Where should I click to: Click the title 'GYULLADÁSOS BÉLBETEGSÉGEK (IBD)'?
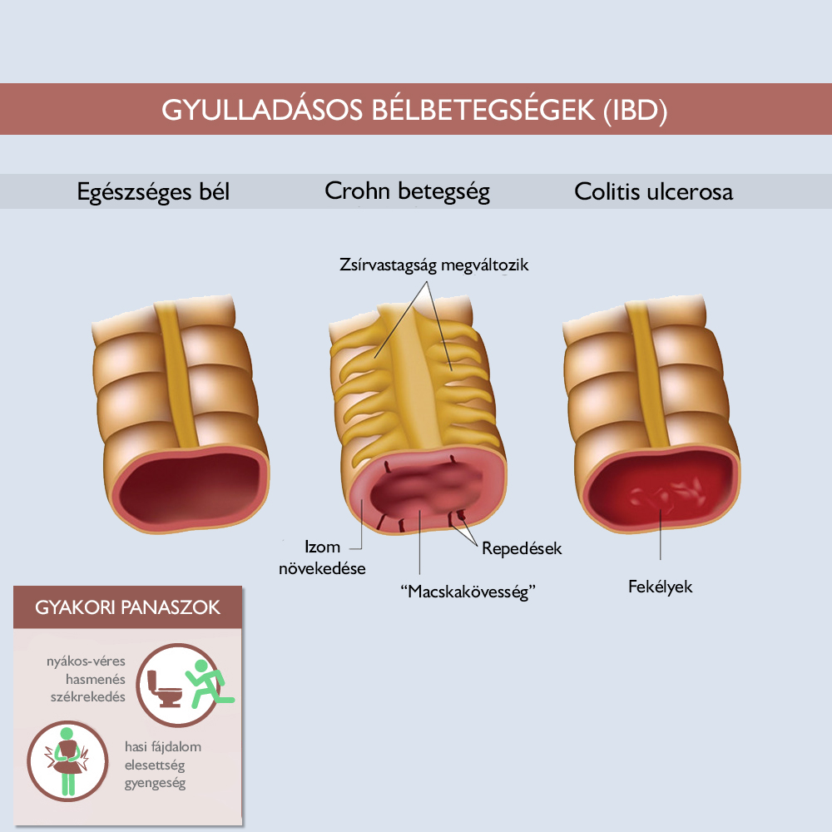point(414,111)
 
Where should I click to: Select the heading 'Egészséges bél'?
point(153,192)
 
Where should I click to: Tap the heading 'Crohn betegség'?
point(407,191)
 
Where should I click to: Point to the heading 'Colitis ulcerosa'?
point(653,191)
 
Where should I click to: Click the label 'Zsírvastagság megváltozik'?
point(434,265)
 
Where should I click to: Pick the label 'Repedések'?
point(522,548)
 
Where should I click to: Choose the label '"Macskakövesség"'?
point(468,591)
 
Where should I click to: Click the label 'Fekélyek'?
point(660,587)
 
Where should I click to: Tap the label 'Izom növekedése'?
point(323,557)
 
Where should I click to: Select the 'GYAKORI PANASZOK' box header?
point(127,607)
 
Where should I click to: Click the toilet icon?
point(163,689)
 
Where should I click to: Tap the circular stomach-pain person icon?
point(67,761)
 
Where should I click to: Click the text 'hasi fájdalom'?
point(163,746)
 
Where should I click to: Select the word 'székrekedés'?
point(88,696)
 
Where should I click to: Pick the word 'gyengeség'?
point(155,783)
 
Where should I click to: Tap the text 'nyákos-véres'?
point(86,661)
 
